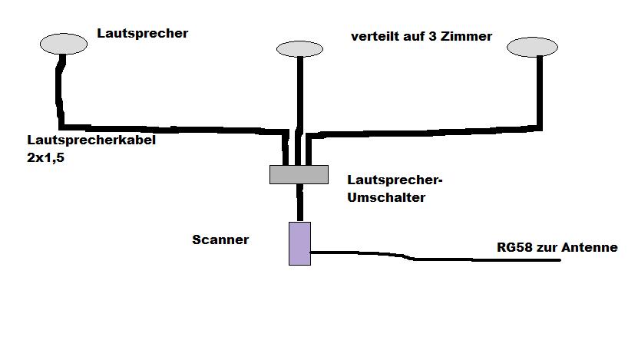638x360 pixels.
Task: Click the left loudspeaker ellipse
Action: point(63,43)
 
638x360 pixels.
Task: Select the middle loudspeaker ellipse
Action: point(299,49)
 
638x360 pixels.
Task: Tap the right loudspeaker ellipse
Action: point(532,48)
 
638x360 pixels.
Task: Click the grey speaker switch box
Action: point(299,174)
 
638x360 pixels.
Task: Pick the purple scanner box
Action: point(299,243)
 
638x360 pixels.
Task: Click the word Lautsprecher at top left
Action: point(142,33)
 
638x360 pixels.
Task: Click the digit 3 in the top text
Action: point(435,36)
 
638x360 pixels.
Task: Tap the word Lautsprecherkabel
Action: point(91,141)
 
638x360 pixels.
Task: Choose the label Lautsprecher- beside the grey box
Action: point(395,180)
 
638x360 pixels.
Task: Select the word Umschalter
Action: point(386,197)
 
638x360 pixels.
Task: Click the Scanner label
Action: point(220,239)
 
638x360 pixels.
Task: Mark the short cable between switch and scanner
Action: point(299,203)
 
